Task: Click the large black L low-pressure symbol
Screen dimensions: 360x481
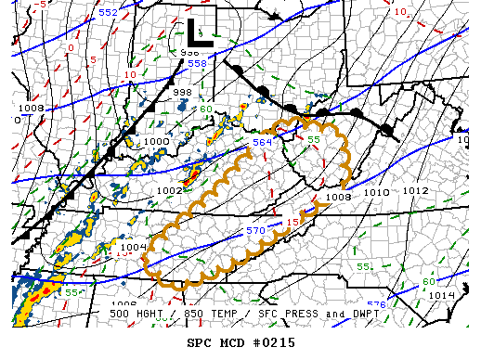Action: coord(199,32)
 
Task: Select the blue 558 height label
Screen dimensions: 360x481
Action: coord(197,63)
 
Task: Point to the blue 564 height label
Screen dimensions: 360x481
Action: coord(263,142)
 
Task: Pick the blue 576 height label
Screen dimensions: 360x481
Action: coord(376,304)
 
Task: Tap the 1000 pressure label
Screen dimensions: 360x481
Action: coord(157,142)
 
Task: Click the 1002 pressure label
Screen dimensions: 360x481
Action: coord(169,190)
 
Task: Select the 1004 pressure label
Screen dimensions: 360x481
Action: coord(134,247)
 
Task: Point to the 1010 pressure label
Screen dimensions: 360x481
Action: coord(376,192)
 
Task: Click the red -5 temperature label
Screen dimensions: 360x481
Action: coord(41,6)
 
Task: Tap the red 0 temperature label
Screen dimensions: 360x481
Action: coord(71,46)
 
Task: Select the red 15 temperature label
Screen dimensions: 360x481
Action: coord(292,222)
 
